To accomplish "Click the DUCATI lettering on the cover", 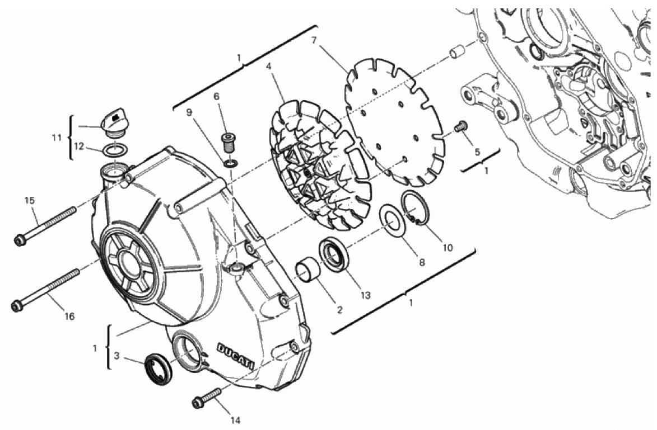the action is click(235, 356).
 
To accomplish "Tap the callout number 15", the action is click(29, 200).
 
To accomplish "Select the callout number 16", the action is click(69, 316).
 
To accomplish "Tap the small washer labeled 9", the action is click(230, 162).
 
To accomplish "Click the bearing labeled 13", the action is click(334, 254).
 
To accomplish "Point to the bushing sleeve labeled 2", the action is click(309, 271).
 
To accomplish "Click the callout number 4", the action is click(268, 67).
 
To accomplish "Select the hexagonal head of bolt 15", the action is click(19, 240).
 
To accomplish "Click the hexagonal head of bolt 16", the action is click(17, 306).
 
